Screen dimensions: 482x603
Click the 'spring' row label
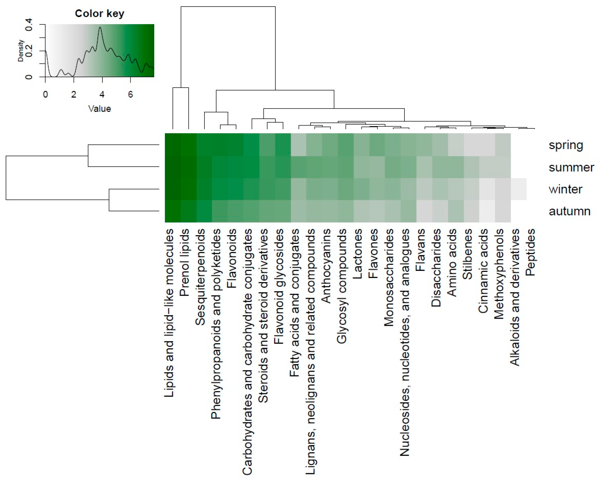566,145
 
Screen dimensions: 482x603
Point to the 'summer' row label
571,168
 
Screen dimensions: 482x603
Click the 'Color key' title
100,13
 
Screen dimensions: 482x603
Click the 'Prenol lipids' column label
185,263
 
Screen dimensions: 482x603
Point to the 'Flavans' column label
420,250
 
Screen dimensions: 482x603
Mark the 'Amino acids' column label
452,263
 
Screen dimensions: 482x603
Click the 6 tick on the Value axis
130,94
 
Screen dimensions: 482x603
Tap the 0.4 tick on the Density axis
29,25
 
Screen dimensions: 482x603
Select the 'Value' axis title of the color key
100,109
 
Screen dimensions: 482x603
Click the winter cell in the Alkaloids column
519,189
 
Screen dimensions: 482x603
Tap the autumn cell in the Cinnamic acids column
487,211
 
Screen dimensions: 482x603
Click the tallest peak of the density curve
100,27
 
